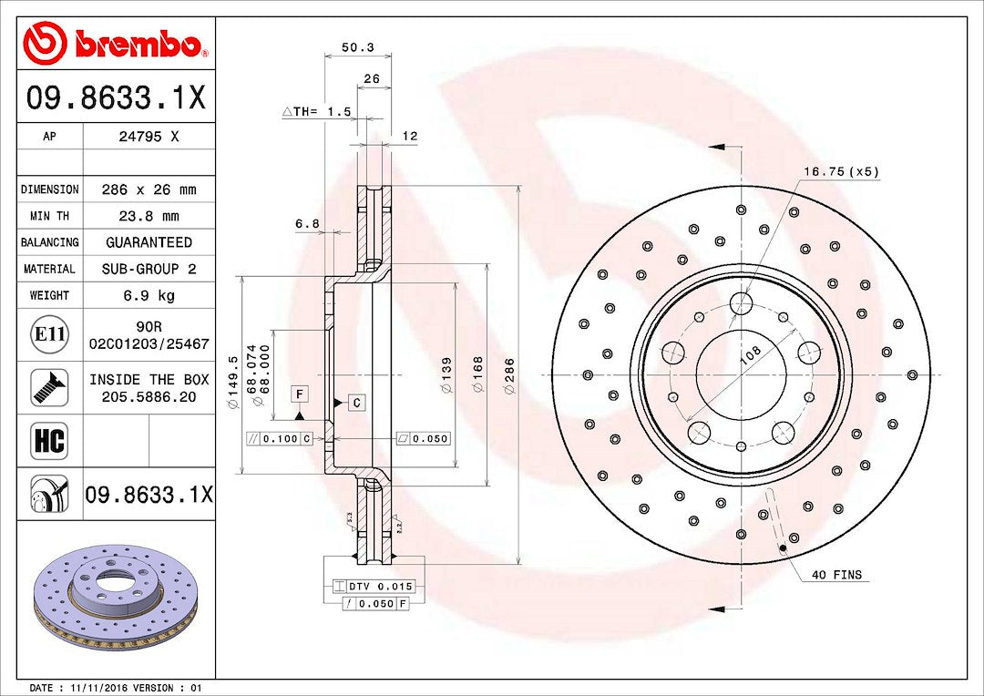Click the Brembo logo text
pyautogui.click(x=137, y=44)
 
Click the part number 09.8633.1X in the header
pyautogui.click(x=116, y=97)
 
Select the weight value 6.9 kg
pyautogui.click(x=149, y=295)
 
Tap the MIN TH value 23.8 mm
pyautogui.click(x=149, y=216)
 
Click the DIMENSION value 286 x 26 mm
pyautogui.click(x=149, y=189)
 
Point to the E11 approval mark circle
pyautogui.click(x=49, y=334)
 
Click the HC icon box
pyautogui.click(x=49, y=441)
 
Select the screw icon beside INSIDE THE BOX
pyautogui.click(x=49, y=387)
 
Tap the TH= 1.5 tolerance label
pyautogui.click(x=319, y=111)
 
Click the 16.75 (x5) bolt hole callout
pyautogui.click(x=841, y=171)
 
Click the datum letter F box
pyautogui.click(x=299, y=394)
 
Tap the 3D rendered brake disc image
pyautogui.click(x=115, y=598)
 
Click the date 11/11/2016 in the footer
pyautogui.click(x=102, y=688)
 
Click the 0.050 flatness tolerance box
pyautogui.click(x=424, y=438)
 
